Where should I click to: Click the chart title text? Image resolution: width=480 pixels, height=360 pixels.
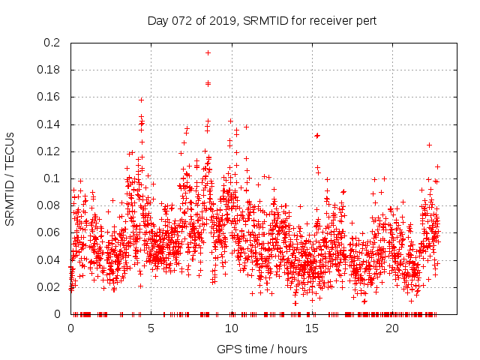click(262, 20)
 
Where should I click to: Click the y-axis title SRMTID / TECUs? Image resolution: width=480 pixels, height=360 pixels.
click(10, 178)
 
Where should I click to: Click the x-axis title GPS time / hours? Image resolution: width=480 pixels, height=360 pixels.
click(262, 349)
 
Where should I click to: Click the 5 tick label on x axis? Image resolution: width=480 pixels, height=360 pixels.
click(151, 328)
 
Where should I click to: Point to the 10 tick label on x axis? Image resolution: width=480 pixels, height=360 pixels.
click(231, 328)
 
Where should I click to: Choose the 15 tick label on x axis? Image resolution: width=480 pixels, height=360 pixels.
click(311, 328)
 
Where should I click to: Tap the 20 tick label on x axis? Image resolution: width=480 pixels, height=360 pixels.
click(391, 328)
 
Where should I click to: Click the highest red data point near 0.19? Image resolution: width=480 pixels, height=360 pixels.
click(208, 52)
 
